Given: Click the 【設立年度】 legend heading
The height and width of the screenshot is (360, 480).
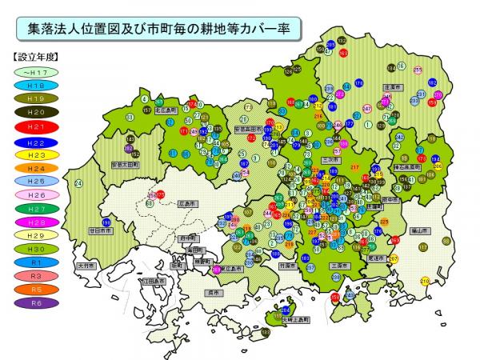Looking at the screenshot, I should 35,58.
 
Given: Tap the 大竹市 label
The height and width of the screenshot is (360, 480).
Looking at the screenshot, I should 85,265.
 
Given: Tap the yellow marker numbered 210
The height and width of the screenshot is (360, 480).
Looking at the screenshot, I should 425,281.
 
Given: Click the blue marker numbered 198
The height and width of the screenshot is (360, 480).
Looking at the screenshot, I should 106,222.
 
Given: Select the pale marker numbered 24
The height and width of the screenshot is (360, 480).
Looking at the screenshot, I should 78,183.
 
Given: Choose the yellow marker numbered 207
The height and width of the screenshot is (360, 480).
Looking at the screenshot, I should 393,258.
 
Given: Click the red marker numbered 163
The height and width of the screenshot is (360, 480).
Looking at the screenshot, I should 343,52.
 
